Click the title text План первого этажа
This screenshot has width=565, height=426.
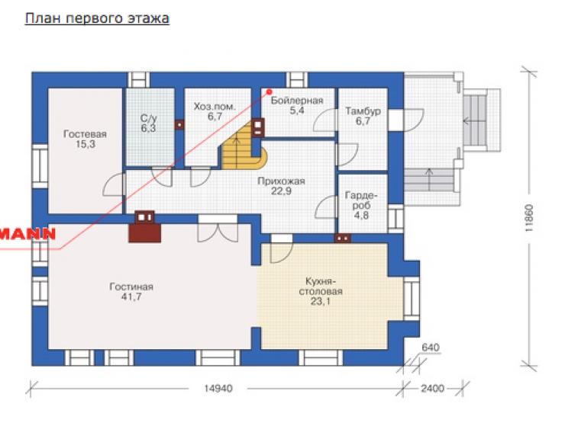tap(97, 18)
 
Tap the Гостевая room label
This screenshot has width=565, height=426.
tap(85, 134)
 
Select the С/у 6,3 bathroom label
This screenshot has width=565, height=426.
tap(148, 123)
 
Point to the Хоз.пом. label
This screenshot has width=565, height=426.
tap(215, 107)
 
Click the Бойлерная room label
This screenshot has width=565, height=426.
tap(297, 101)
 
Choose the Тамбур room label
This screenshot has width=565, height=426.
tap(363, 111)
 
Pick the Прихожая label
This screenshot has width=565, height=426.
tap(281, 181)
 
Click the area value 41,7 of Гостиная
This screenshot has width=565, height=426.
tap(131, 297)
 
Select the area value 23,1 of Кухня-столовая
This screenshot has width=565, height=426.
tap(321, 302)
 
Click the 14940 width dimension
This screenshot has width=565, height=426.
tap(218, 389)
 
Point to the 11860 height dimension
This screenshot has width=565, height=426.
tap(528, 218)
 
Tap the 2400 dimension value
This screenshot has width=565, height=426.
tap(432, 389)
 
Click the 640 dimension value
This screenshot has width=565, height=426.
tap(431, 348)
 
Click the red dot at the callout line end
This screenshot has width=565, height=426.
tap(269, 92)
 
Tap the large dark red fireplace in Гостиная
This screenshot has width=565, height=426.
tap(145, 227)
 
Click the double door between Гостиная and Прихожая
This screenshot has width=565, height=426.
tap(218, 229)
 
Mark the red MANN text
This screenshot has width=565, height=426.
tap(27, 234)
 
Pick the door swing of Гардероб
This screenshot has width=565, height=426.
tap(326, 207)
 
